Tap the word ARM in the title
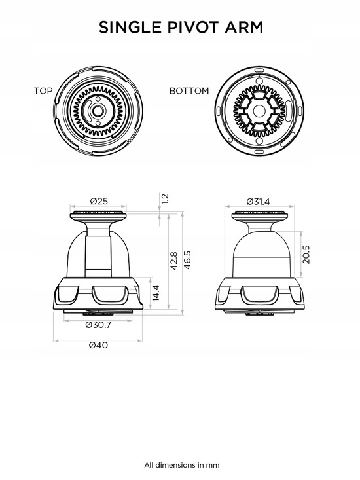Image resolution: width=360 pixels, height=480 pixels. click(243, 27)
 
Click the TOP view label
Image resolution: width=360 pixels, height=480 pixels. click(43, 91)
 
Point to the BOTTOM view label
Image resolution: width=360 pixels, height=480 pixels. click(189, 91)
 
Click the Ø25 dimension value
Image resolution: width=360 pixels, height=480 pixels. click(99, 201)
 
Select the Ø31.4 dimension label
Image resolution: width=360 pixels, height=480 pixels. click(258, 202)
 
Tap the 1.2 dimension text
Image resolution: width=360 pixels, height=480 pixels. click(164, 198)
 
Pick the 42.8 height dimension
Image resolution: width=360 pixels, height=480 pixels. click(173, 261)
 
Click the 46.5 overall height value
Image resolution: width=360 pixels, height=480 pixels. click(187, 260)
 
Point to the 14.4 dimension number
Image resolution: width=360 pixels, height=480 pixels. click(155, 293)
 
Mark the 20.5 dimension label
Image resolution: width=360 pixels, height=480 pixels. click(306, 254)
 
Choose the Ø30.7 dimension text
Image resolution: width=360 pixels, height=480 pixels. click(98, 325)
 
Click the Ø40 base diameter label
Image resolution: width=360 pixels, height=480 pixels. click(98, 345)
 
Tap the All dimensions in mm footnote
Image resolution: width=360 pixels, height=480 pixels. click(182, 465)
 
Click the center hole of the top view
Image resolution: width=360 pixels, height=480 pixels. click(98, 111)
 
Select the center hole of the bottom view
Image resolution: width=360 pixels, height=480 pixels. click(259, 111)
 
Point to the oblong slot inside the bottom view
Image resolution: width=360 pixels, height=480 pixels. click(289, 111)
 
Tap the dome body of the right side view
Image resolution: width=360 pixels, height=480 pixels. click(261, 254)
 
